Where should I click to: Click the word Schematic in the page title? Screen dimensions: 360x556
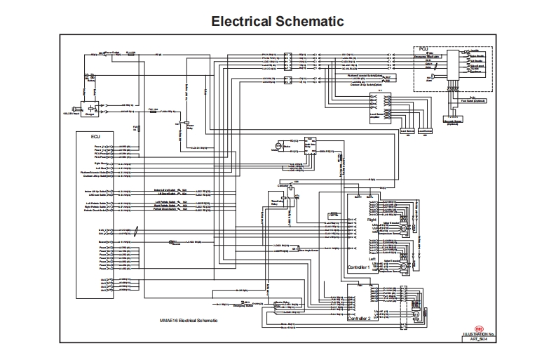pos(311,22)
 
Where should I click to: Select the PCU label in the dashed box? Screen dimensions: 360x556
pos(423,48)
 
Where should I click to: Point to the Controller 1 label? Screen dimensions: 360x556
pos(362,267)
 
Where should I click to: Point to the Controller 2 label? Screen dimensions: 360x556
pos(362,318)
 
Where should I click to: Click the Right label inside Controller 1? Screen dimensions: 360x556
pos(372,219)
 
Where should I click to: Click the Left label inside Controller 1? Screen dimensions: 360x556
pos(372,258)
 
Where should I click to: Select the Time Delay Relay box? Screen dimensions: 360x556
pos(274,204)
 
